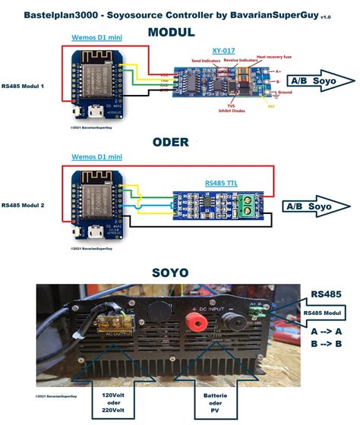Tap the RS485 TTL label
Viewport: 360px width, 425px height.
pos(220,184)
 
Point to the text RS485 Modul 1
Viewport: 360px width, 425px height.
pos(24,86)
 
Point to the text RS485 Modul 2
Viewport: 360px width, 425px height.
pos(24,205)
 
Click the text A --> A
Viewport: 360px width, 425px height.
pos(325,332)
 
